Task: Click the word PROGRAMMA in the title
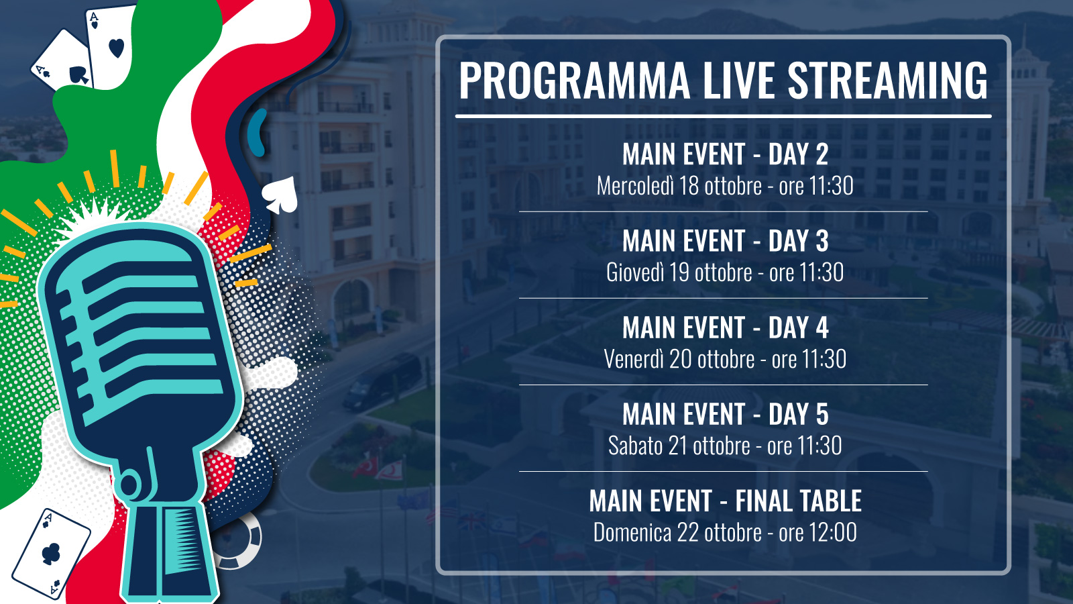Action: click(x=574, y=80)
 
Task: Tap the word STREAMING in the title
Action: click(x=888, y=80)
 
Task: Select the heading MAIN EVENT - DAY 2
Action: click(x=725, y=154)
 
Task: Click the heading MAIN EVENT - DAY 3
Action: click(x=725, y=241)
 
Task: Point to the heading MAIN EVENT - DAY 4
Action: click(x=725, y=328)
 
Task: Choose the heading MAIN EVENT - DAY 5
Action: click(x=725, y=414)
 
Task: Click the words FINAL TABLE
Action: click(x=799, y=501)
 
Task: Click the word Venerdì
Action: click(x=633, y=359)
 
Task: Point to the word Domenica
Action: click(x=632, y=533)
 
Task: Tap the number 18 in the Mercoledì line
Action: click(x=688, y=186)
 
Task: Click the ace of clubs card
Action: click(x=51, y=554)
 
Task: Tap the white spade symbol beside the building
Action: click(x=280, y=195)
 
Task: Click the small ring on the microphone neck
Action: click(x=129, y=485)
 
